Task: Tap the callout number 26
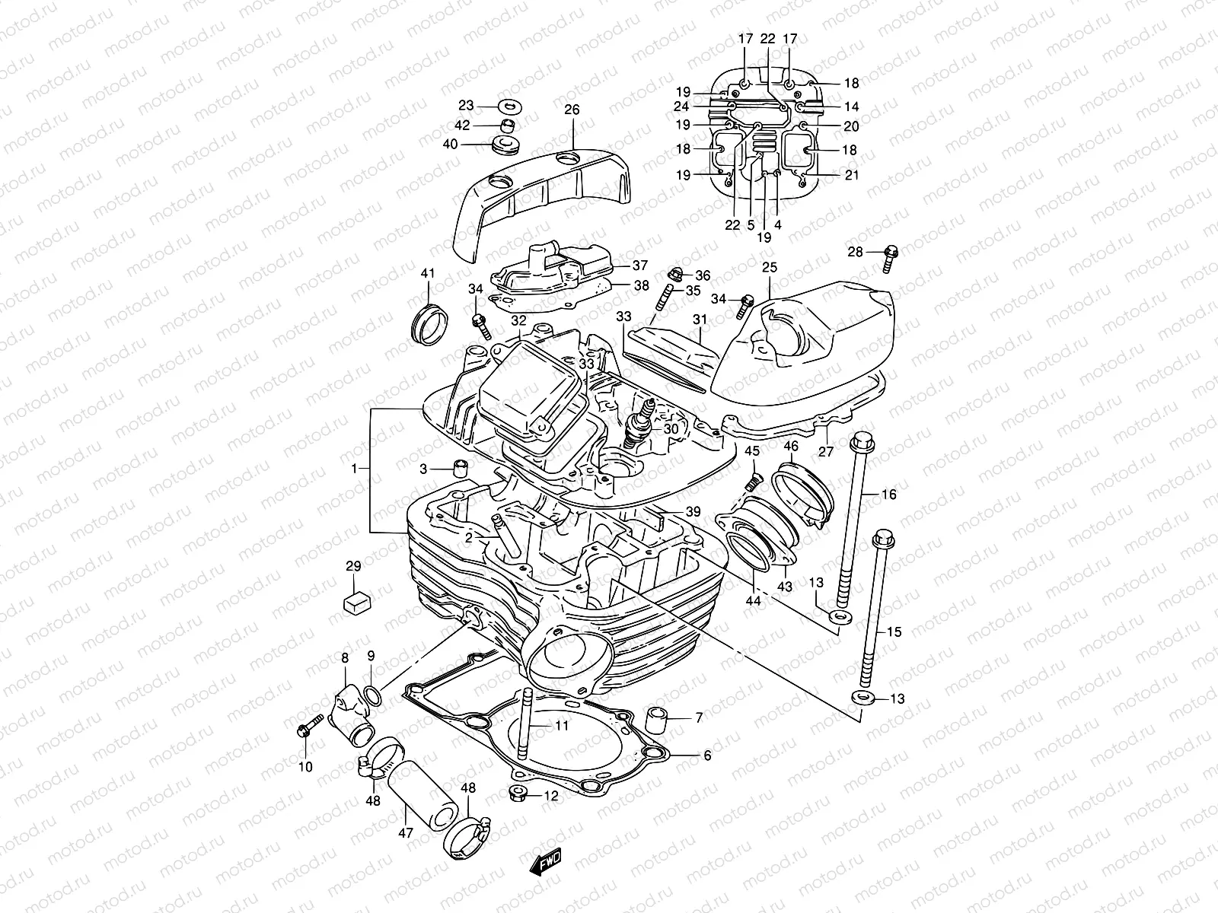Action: [x=572, y=110]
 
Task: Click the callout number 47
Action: [x=405, y=833]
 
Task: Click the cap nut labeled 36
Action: [x=674, y=275]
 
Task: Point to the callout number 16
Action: [x=889, y=495]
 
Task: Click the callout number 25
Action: [x=770, y=267]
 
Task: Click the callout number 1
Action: [x=354, y=469]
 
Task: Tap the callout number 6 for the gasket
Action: [x=707, y=756]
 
